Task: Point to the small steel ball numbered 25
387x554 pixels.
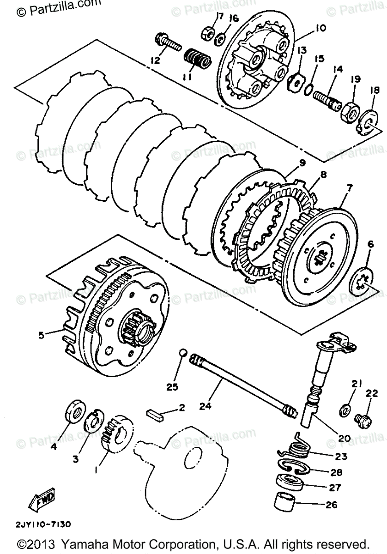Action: point(182,353)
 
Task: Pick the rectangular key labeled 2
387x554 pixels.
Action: point(156,412)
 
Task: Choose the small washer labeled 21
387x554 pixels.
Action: point(344,409)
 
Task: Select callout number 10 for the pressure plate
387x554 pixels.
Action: point(320,28)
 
